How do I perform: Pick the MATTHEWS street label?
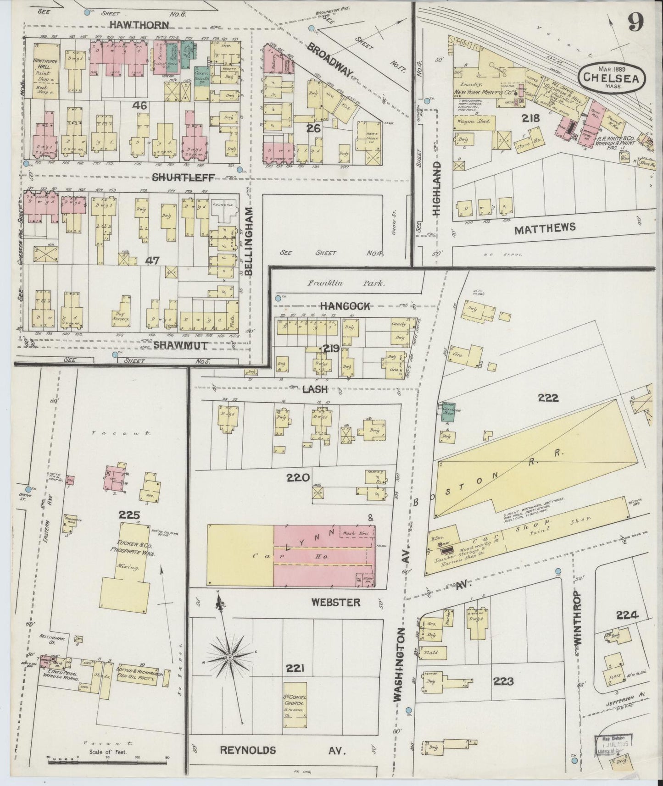point(545,228)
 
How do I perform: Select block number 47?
point(152,260)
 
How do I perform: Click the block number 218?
point(530,118)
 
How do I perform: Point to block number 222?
point(548,398)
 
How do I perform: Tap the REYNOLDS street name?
point(248,750)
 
